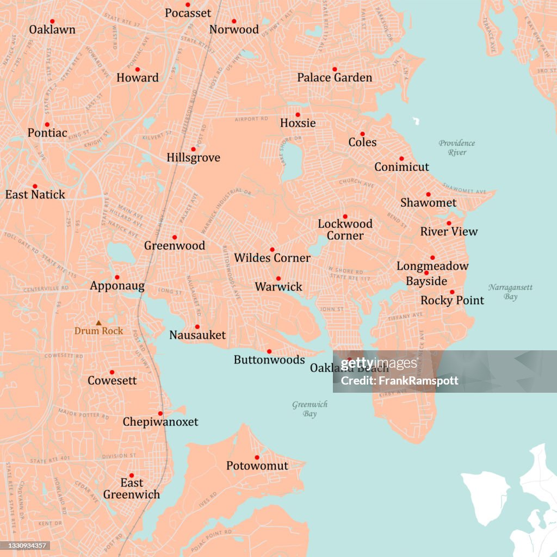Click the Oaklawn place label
52,29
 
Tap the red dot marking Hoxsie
298,115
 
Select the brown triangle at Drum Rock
98,323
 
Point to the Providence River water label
457,148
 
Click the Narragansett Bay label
510,292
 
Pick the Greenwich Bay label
310,409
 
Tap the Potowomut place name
257,466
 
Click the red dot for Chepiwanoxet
160,413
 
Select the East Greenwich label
132,488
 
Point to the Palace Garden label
335,78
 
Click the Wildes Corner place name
272,258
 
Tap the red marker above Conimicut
401,158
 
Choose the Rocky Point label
452,300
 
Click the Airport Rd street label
251,119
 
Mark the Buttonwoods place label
269,360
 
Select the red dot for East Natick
35,186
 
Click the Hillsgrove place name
193,158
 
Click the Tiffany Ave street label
405,316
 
